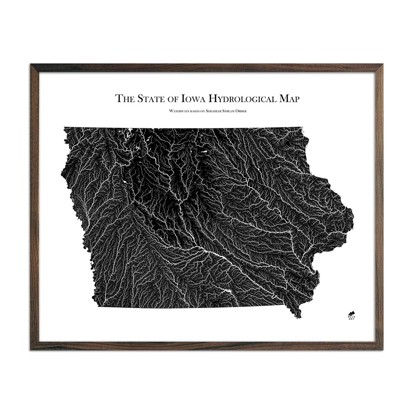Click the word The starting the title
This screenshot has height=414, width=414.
pos(125,98)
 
